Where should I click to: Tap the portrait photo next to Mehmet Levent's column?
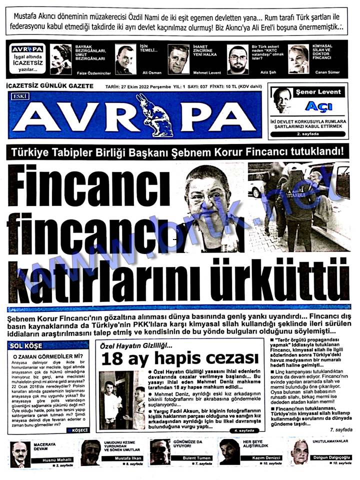(178, 59)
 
